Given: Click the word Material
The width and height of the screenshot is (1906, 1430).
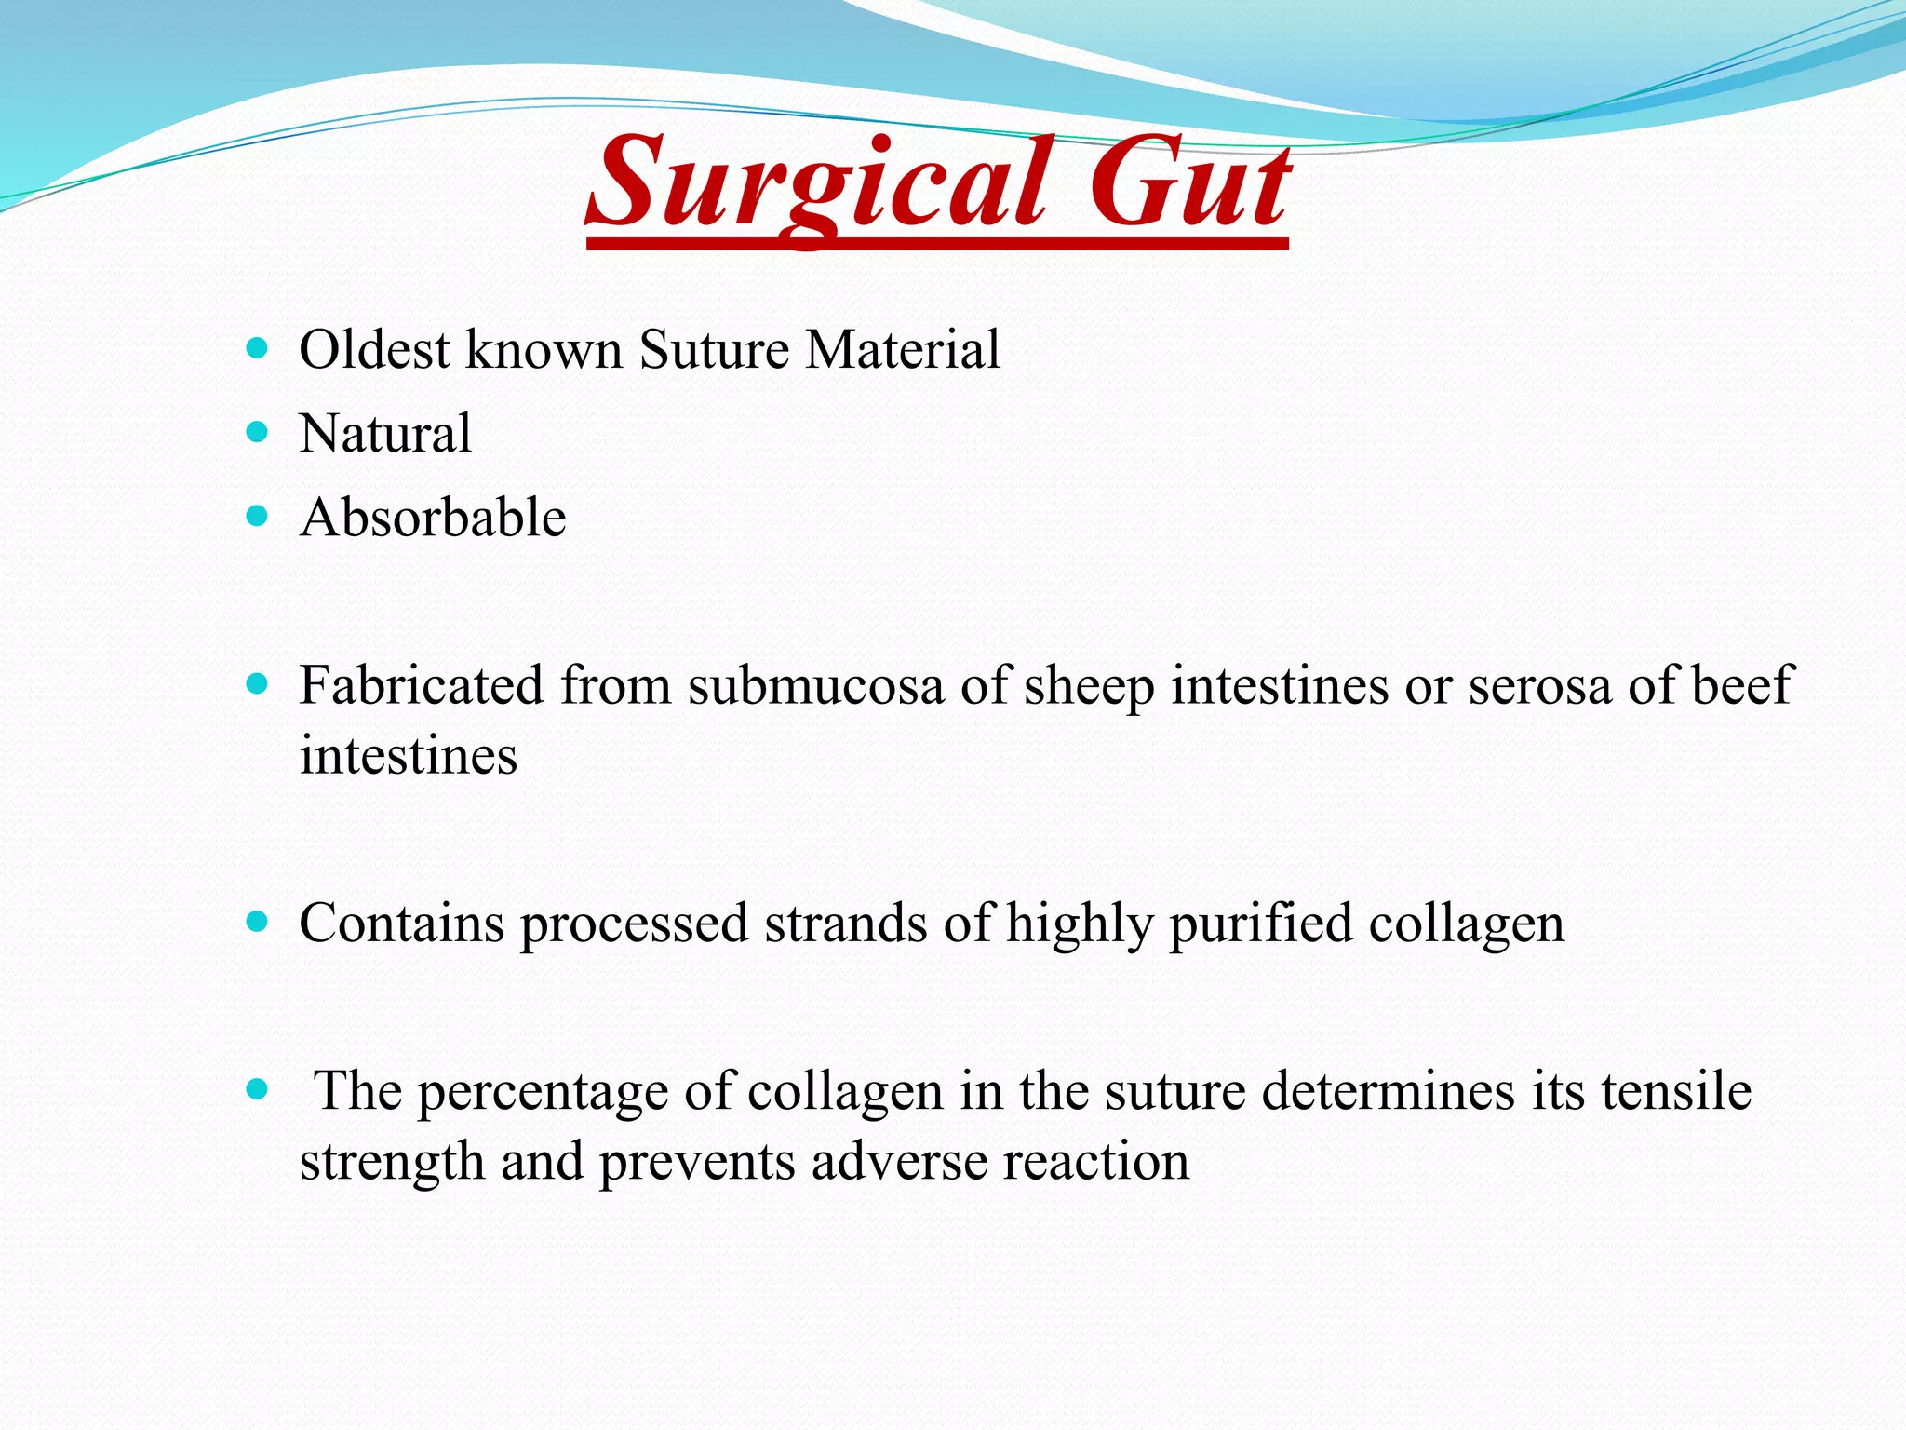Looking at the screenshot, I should click(903, 350).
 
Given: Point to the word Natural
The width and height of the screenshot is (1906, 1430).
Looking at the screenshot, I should click(385, 434).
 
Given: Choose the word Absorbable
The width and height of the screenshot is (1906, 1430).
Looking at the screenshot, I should click(433, 518).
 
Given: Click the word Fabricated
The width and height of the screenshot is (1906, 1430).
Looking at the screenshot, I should click(421, 685).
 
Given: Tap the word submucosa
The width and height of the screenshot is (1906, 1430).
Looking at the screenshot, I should click(816, 685).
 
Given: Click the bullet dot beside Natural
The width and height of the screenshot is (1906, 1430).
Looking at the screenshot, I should click(257, 432).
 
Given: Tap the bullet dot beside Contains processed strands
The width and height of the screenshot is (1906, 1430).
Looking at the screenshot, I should click(257, 922).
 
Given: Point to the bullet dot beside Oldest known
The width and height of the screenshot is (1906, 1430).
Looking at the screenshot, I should click(257, 348).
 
